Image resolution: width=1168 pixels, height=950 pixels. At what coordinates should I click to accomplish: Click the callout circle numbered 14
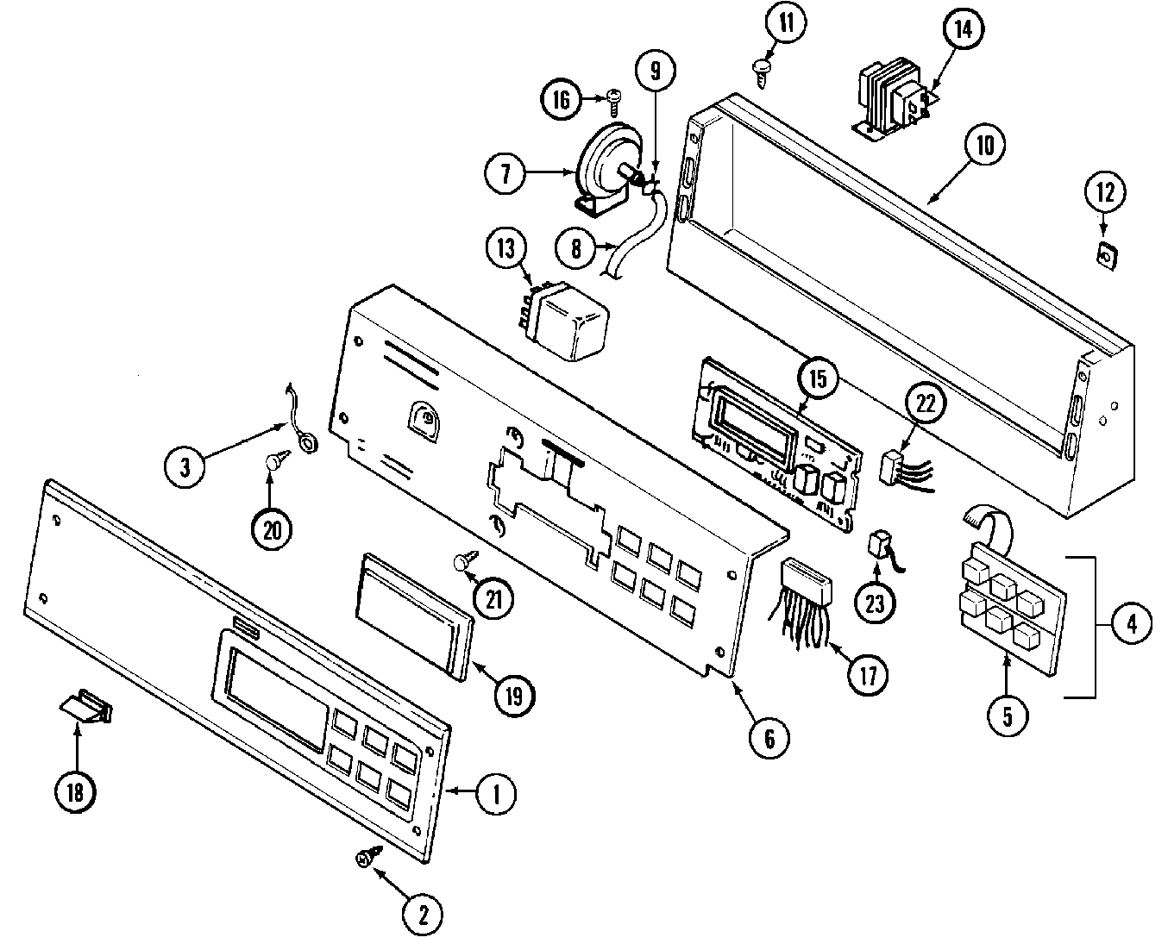[x=962, y=28]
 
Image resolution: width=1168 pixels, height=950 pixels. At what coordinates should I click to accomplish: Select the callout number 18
[x=75, y=791]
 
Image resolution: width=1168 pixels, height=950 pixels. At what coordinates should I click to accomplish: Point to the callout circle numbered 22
[x=924, y=403]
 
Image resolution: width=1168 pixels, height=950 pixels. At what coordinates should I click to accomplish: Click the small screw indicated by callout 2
[x=366, y=857]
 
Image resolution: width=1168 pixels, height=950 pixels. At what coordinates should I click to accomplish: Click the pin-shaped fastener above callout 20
[x=275, y=463]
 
